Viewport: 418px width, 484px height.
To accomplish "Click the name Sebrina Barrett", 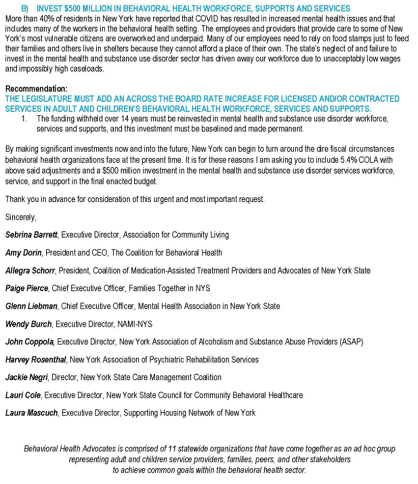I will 32,235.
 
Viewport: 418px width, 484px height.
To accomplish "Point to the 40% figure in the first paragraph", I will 41,17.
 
